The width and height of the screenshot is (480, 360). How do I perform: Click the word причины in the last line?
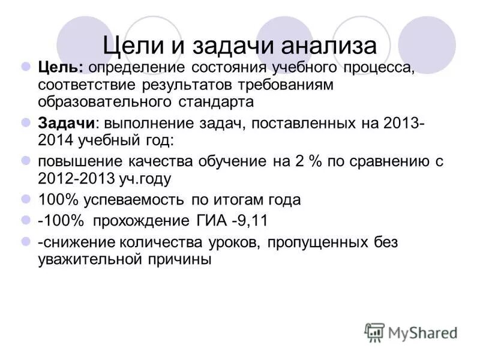[x=178, y=260]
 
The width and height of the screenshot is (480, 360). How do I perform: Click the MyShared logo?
[x=412, y=332]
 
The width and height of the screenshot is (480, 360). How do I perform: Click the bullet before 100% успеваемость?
[x=26, y=199]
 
